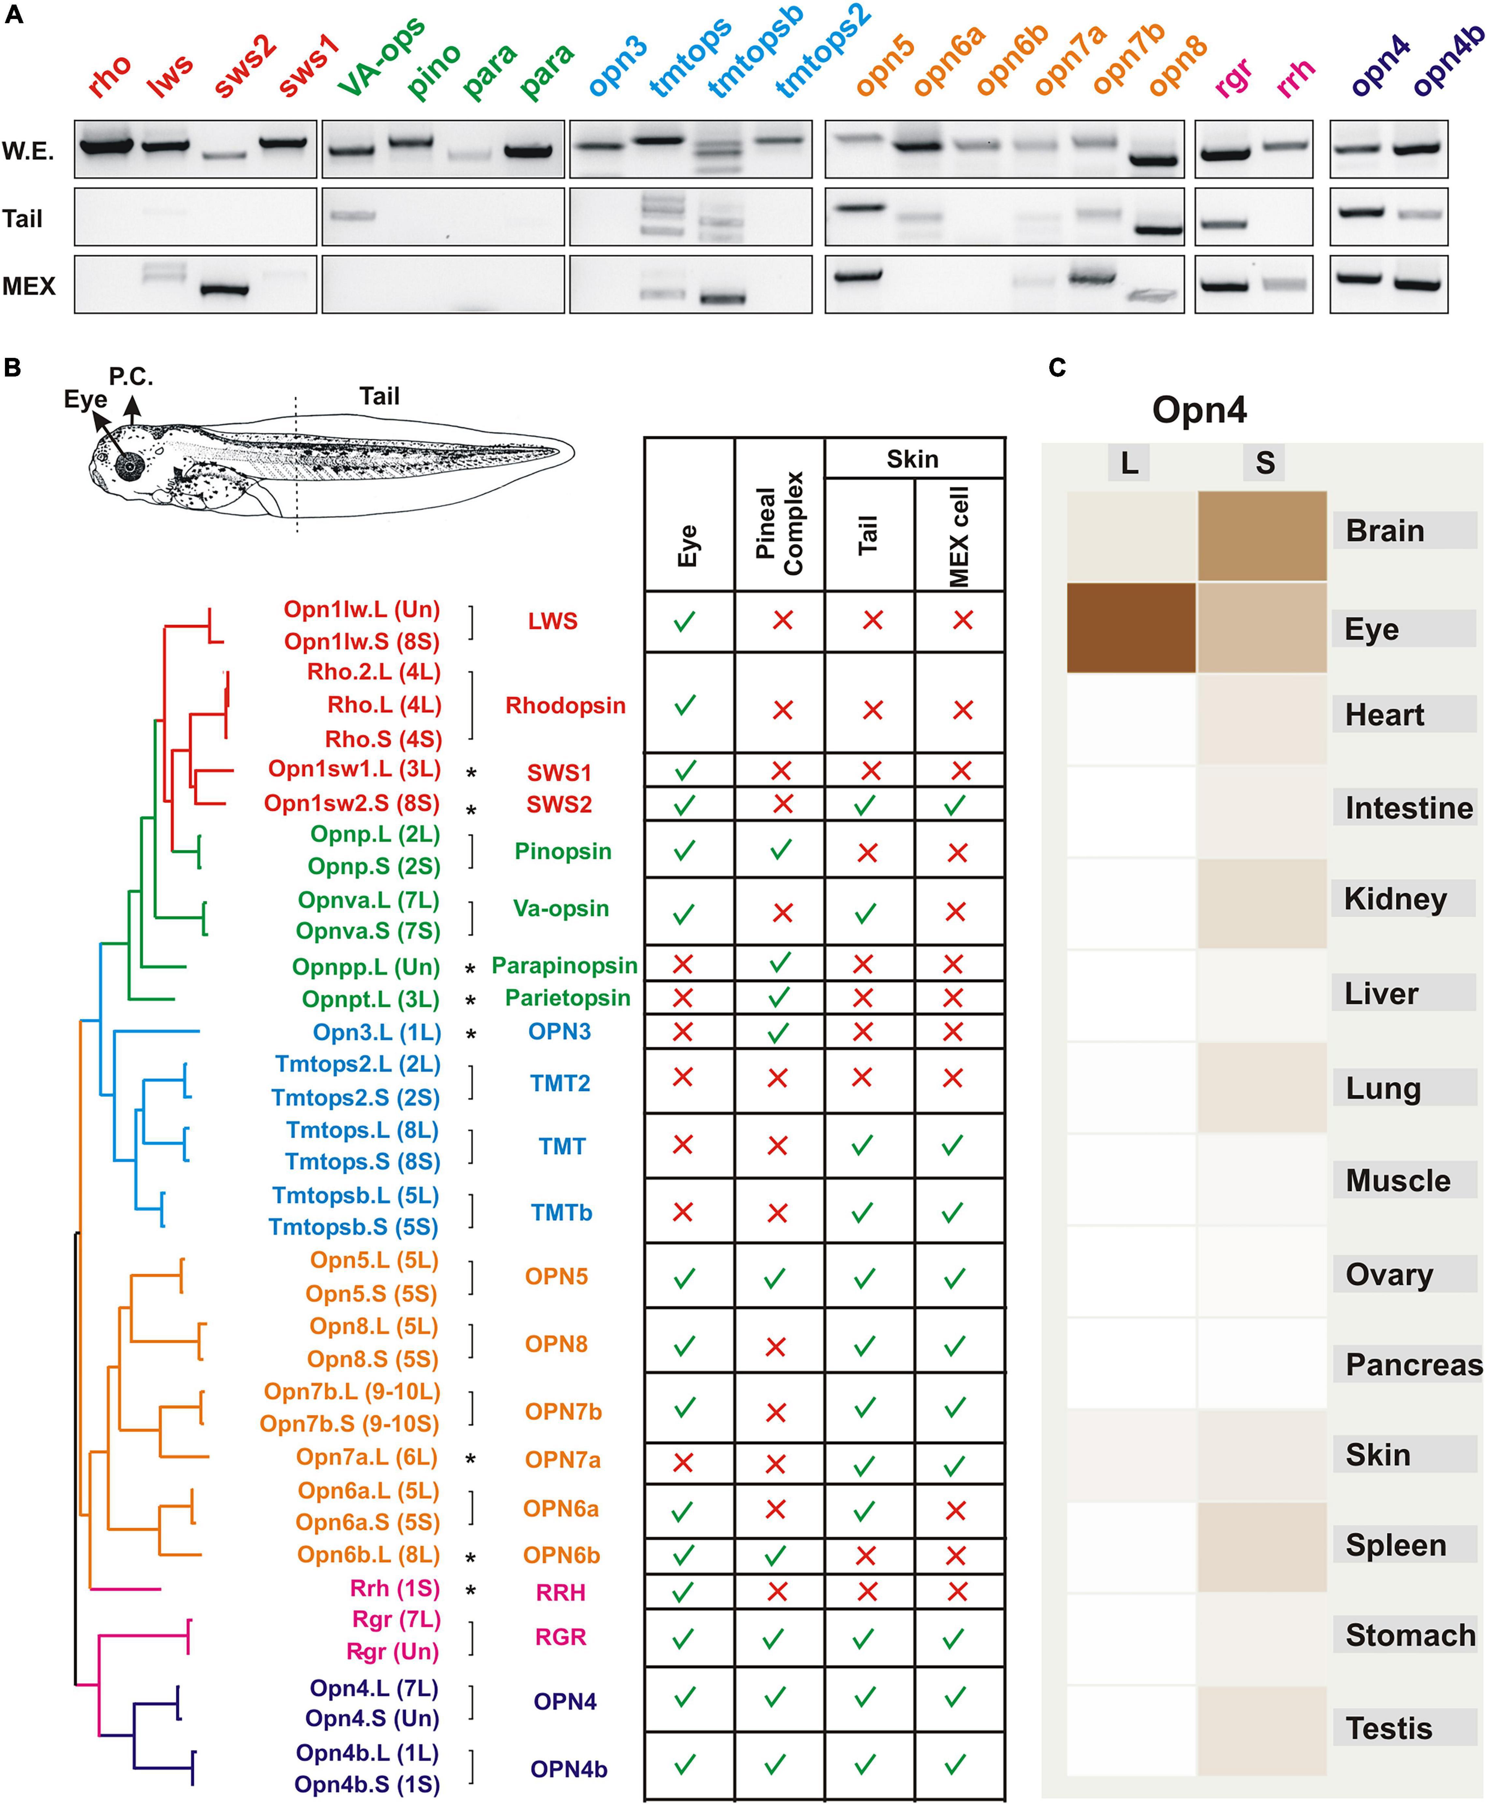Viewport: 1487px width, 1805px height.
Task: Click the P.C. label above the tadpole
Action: (x=131, y=376)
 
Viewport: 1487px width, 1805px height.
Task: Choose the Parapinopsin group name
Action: (x=565, y=966)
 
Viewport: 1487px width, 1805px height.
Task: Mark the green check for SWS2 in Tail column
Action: (x=865, y=805)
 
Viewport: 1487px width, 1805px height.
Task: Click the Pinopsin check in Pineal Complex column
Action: (x=780, y=850)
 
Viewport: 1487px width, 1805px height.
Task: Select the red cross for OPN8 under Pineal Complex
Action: (x=775, y=1347)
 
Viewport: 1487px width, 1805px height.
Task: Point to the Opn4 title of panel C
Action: (x=1199, y=409)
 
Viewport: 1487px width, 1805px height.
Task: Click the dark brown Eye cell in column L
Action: (x=1131, y=628)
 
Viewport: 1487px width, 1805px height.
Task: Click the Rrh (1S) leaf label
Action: (x=395, y=1588)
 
